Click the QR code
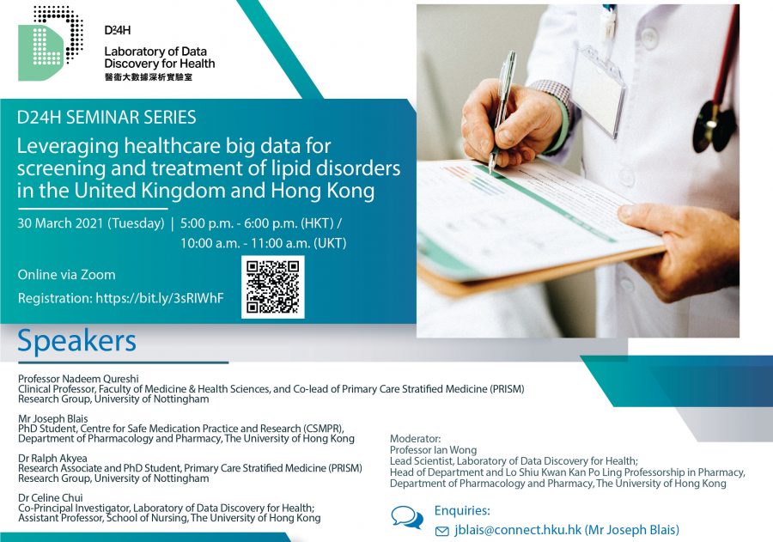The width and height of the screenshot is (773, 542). point(272,287)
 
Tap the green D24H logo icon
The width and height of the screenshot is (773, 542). point(50,44)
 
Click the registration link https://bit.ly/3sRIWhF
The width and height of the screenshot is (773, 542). point(160,298)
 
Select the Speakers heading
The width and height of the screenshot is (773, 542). point(77,341)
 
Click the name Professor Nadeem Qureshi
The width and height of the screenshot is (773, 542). point(78,379)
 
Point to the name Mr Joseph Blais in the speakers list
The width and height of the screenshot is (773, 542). point(52,418)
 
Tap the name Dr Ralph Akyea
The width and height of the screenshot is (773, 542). point(52,458)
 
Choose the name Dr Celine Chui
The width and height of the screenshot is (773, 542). point(51,497)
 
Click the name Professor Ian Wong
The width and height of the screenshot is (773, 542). point(434,450)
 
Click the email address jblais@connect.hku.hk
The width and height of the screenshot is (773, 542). point(518,530)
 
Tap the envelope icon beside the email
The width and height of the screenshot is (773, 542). point(442,531)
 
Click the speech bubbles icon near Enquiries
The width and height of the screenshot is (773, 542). point(407,517)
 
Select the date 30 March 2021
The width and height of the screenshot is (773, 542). point(61,223)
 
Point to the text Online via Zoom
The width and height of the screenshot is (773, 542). point(66,275)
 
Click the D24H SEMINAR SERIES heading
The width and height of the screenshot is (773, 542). point(107,118)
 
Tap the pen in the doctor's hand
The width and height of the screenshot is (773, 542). point(502,112)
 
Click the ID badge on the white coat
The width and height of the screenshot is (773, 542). point(597,88)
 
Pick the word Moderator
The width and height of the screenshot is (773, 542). point(415,438)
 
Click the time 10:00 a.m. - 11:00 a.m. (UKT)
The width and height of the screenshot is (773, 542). point(264,243)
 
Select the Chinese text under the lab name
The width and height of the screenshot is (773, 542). point(149,77)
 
